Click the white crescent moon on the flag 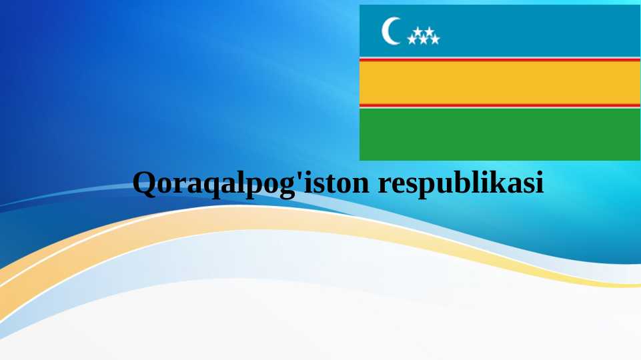click(x=390, y=31)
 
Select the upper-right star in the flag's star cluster click(x=429, y=31)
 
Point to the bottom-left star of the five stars click(x=412, y=40)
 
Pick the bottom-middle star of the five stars click(x=424, y=40)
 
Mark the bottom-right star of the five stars click(x=435, y=40)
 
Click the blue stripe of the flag click(x=534, y=30)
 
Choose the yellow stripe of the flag click(x=500, y=83)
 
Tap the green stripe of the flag click(x=500, y=133)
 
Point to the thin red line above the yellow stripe click(x=500, y=59)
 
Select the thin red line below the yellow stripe click(x=500, y=105)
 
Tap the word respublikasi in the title click(x=461, y=183)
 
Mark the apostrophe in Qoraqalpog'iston click(x=299, y=177)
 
